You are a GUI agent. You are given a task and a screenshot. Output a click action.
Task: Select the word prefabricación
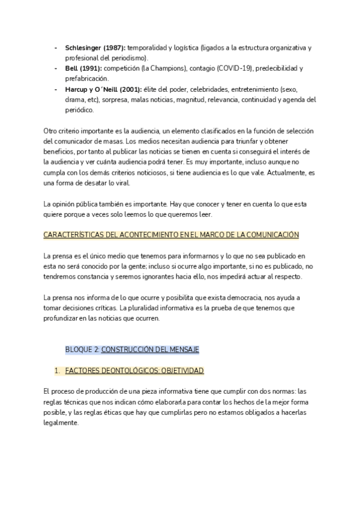87,79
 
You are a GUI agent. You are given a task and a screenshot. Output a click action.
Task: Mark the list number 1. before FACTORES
57,370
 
